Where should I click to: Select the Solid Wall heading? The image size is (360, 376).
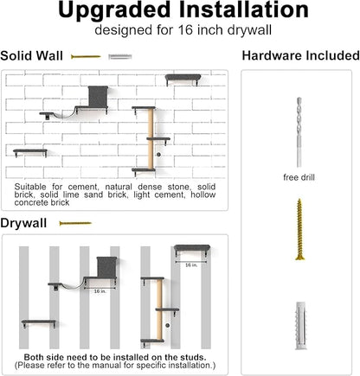(31, 55)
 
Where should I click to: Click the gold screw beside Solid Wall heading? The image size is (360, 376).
(84, 55)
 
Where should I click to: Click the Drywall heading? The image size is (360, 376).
(24, 223)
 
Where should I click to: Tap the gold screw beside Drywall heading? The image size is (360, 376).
(74, 223)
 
